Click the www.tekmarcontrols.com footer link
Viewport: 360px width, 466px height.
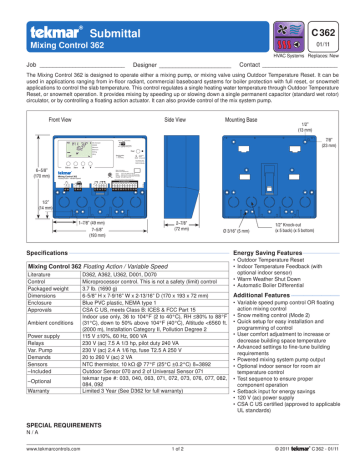pyautogui.click(x=48, y=458)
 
